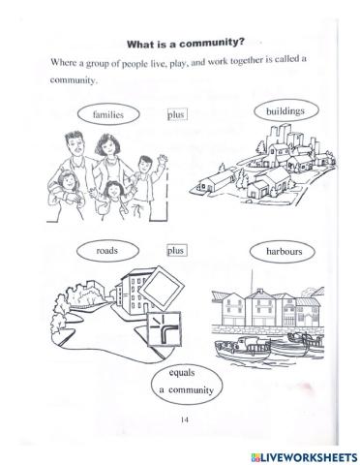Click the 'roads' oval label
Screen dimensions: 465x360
[x=107, y=250]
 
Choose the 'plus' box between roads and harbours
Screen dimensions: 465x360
[x=175, y=250]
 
